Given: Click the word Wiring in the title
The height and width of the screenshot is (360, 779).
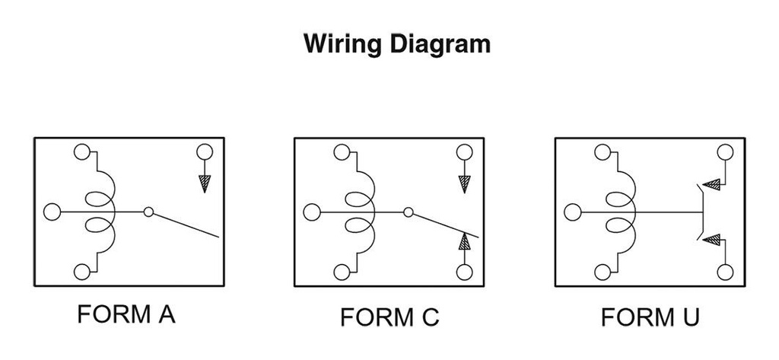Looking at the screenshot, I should click(x=342, y=43).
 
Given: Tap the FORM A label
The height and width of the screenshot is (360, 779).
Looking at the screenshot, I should click(x=126, y=314).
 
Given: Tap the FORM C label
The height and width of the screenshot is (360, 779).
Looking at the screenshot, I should click(x=389, y=316).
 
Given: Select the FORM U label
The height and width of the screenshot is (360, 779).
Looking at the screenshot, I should click(x=650, y=316).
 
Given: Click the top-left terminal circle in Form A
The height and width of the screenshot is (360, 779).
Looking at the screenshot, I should click(x=82, y=151).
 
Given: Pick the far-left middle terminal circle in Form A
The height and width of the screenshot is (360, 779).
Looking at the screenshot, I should click(x=52, y=212).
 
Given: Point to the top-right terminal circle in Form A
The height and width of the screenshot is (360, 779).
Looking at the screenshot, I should click(x=204, y=151).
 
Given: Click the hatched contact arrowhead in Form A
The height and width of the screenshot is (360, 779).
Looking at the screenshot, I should click(x=204, y=183).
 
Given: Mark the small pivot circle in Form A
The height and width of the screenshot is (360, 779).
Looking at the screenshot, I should click(x=149, y=212).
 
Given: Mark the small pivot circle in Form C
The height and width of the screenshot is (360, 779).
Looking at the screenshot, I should click(x=409, y=212).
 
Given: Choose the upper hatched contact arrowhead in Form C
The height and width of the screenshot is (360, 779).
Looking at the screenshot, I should click(x=464, y=183).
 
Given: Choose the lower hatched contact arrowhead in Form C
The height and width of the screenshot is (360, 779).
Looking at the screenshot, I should click(x=464, y=243).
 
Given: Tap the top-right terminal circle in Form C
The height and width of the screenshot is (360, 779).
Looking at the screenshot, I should click(x=464, y=151).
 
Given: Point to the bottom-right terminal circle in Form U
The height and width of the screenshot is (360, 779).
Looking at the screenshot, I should click(x=725, y=272).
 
